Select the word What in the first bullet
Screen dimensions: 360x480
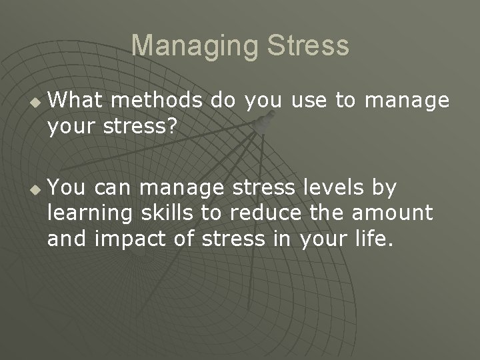tap(74, 100)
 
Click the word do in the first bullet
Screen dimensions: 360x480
tap(223, 100)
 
